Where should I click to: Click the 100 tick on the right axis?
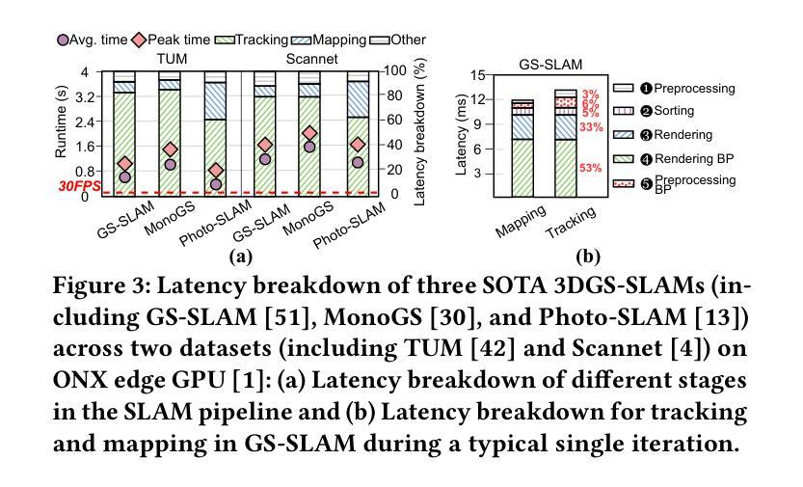pyautogui.click(x=393, y=70)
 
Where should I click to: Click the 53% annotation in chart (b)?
pyautogui.click(x=590, y=168)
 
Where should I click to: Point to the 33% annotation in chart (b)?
pyautogui.click(x=591, y=127)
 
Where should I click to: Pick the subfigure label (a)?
pyautogui.click(x=240, y=257)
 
